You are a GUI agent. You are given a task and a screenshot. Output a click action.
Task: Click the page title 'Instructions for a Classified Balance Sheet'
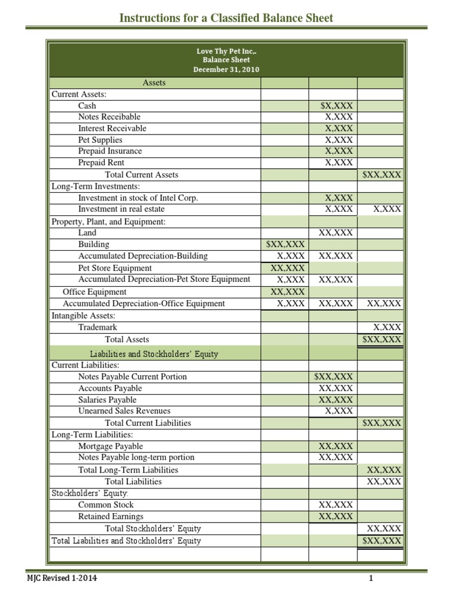tap(226, 18)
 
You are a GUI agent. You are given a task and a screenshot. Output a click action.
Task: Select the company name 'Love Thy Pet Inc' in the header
tap(226, 51)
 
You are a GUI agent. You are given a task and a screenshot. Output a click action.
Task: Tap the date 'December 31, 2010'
tap(226, 70)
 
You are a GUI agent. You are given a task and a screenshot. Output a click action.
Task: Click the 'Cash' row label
tap(87, 106)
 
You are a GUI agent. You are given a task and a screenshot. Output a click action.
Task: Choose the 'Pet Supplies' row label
tap(100, 140)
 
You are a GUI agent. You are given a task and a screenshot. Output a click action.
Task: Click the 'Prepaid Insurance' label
tap(110, 151)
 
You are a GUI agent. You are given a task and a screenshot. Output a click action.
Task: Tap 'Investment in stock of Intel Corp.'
tap(138, 198)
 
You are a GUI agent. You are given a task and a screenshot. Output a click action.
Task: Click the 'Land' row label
tap(87, 233)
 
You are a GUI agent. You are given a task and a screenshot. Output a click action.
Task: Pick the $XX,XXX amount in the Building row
tap(285, 244)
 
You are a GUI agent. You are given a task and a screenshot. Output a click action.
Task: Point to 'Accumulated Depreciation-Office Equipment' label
tap(144, 303)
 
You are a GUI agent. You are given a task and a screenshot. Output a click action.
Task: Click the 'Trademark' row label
tap(97, 327)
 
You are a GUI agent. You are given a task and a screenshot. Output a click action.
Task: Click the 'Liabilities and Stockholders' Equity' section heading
tap(154, 354)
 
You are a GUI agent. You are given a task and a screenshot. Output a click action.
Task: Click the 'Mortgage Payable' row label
tap(110, 447)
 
